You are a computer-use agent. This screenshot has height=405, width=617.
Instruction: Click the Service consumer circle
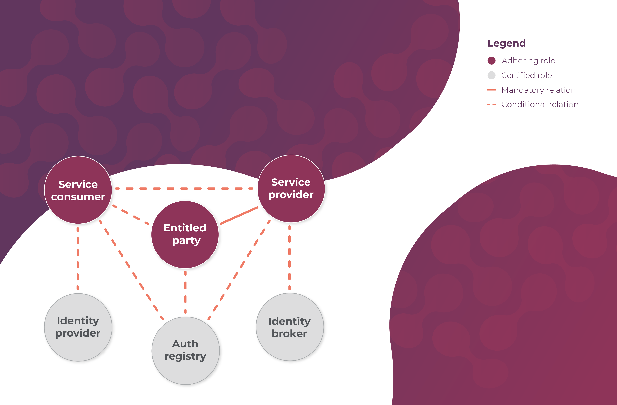(x=78, y=190)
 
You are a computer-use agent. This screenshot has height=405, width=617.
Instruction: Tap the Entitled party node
(x=185, y=234)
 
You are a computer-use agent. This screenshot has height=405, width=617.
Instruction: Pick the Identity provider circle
(x=78, y=327)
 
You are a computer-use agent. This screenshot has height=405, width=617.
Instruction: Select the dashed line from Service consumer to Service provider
(x=184, y=189)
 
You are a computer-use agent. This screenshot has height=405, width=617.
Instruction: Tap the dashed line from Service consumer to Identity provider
(x=78, y=258)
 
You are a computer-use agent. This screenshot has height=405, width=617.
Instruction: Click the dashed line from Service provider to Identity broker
(x=290, y=258)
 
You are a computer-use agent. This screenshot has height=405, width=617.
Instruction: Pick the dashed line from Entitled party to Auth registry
(x=185, y=292)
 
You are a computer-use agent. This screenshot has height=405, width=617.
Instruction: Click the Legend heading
(x=507, y=43)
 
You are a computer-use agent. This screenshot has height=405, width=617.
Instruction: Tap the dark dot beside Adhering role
(x=491, y=61)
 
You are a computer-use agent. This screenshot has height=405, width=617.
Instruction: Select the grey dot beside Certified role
(x=491, y=75)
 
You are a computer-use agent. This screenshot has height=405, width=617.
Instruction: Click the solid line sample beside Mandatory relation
(x=491, y=90)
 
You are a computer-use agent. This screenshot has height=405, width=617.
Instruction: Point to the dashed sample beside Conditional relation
(x=491, y=105)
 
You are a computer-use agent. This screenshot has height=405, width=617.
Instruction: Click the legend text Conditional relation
(x=540, y=105)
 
